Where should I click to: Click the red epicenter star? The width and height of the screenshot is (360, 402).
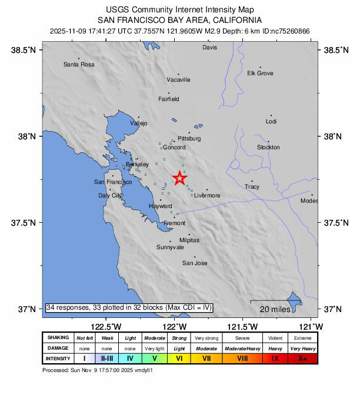click(179, 178)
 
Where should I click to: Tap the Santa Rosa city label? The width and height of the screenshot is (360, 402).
click(79, 64)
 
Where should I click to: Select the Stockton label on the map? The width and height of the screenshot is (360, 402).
click(268, 147)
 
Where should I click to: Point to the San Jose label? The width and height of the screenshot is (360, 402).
click(195, 263)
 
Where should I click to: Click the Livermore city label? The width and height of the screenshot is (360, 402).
click(207, 195)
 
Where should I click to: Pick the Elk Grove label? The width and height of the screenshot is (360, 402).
click(260, 73)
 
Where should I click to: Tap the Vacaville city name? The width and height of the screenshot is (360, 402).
click(178, 79)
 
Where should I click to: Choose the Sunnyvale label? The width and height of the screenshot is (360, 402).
click(170, 247)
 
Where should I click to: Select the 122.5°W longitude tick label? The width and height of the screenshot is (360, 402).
click(106, 326)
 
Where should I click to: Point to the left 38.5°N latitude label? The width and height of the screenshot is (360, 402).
click(24, 51)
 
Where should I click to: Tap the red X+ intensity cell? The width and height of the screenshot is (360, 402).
click(302, 358)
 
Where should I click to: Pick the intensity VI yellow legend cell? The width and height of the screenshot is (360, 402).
click(179, 358)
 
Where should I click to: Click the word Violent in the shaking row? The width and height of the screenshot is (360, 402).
click(275, 338)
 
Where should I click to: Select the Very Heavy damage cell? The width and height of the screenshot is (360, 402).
click(302, 348)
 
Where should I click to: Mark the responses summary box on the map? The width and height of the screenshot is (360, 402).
click(129, 307)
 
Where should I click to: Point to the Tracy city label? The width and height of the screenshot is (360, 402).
click(252, 186)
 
